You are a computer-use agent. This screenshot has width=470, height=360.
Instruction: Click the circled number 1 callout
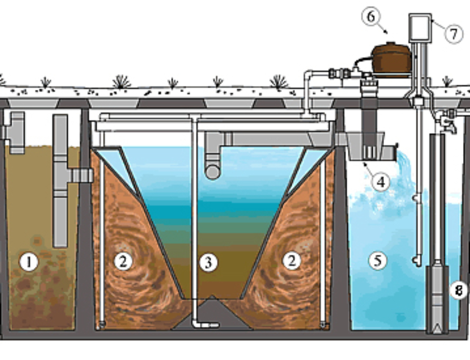click(29, 262)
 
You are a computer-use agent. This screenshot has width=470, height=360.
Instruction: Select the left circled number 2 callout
click(123, 261)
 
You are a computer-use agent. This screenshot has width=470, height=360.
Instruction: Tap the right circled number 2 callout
click(291, 261)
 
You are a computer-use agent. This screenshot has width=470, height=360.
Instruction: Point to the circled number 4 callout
click(381, 181)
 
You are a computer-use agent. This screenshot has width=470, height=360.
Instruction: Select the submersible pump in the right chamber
click(437, 296)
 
